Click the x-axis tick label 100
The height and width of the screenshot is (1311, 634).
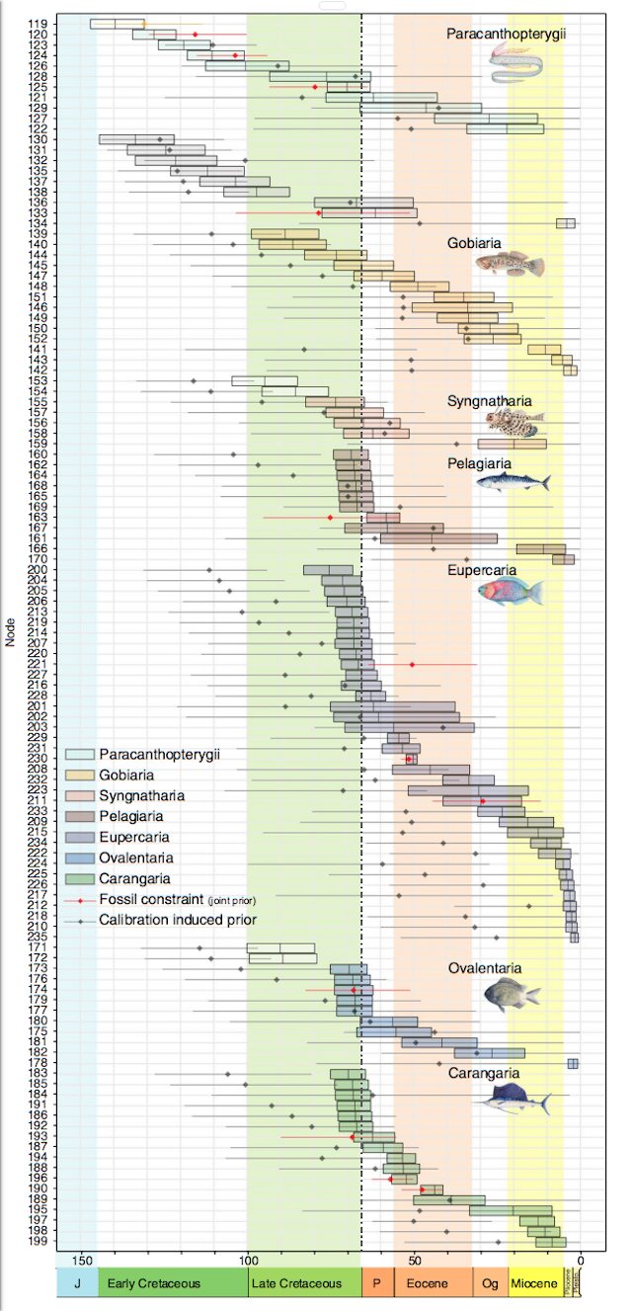pos(248,1261)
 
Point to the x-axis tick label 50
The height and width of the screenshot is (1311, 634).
pos(415,1261)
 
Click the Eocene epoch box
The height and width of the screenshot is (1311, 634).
pos(433,1283)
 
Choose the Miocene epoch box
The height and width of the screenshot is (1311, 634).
pos(535,1283)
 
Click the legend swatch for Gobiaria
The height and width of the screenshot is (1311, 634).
pos(78,775)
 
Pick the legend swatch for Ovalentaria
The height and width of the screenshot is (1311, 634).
pos(78,858)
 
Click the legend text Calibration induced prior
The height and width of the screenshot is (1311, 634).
pos(178,919)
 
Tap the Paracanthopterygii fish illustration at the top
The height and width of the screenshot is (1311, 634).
pos(516,67)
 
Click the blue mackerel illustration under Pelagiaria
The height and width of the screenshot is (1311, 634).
pos(513,482)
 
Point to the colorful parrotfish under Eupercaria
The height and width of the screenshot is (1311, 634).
pos(510,591)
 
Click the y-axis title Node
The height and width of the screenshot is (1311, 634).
pos(10,632)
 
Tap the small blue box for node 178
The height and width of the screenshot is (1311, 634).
pos(573,1063)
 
